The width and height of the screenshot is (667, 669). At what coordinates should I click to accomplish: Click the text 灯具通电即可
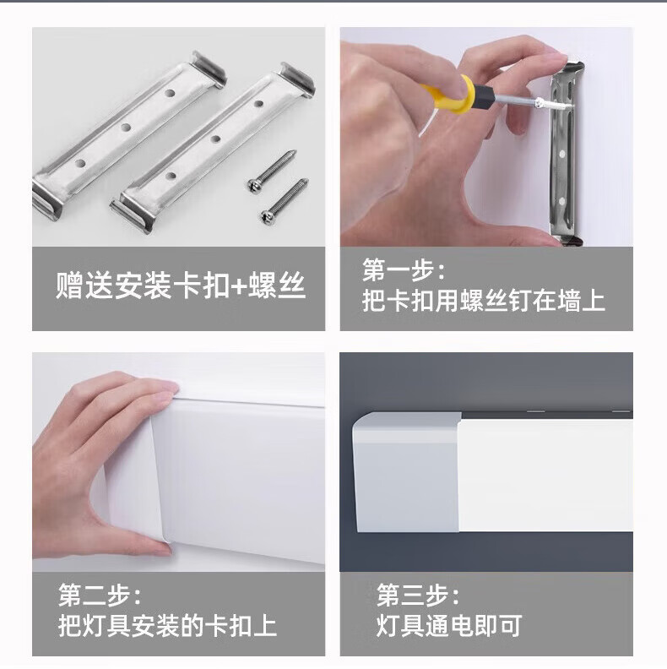pyautogui.click(x=449, y=626)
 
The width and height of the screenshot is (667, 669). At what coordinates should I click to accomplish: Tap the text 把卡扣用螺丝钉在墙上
pyautogui.click(x=484, y=301)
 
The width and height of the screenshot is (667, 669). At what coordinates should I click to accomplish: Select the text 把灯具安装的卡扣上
pyautogui.click(x=168, y=626)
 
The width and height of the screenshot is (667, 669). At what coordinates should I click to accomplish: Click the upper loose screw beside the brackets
pyautogui.click(x=272, y=171)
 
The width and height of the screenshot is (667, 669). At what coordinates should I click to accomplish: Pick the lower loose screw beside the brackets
pyautogui.click(x=285, y=200)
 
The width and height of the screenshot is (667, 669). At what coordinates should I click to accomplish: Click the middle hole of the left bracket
pyautogui.click(x=126, y=128)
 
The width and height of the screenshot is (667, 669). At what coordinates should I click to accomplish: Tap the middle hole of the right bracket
pyautogui.click(x=215, y=139)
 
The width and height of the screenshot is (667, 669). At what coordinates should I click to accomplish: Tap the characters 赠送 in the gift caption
pyautogui.click(x=84, y=286)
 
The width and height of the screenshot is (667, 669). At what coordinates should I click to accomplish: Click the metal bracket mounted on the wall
pyautogui.click(x=565, y=154)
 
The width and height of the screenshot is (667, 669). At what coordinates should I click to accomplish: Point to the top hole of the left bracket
pyautogui.click(x=171, y=92)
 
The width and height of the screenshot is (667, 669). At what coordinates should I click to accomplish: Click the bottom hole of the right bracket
pyautogui.click(x=171, y=176)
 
